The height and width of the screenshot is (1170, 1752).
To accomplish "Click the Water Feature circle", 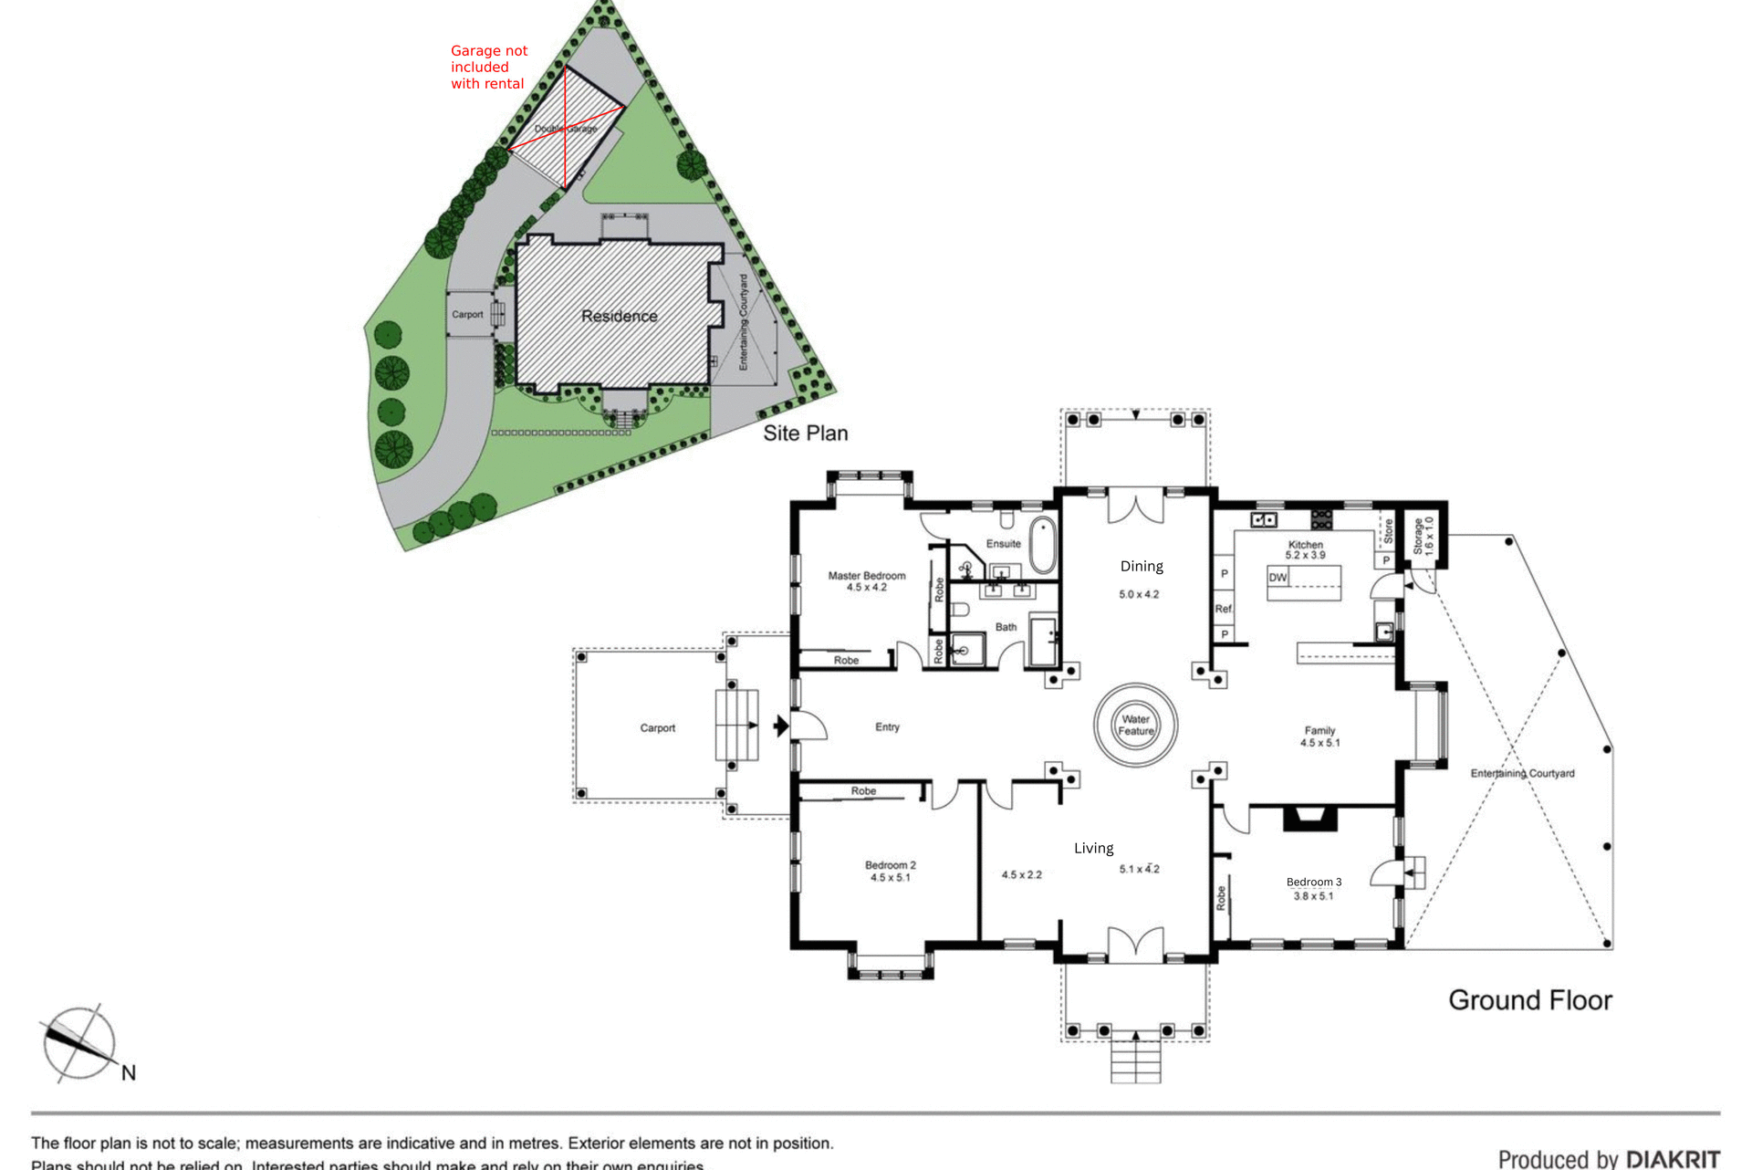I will (x=1135, y=725).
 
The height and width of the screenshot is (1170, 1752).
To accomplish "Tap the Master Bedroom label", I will (x=866, y=576).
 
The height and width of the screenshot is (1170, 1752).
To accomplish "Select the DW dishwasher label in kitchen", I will (x=1277, y=578).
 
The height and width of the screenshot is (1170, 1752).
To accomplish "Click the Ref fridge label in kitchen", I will (x=1223, y=609).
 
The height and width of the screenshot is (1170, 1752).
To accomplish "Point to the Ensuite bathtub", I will (x=1042, y=545).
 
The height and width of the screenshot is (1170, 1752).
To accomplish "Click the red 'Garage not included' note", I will (x=488, y=68).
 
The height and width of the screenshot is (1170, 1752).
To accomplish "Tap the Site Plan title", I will (x=805, y=434).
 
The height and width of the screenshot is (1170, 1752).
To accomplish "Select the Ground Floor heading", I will (x=1529, y=1000).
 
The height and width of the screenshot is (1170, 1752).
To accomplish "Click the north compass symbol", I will (x=80, y=1044).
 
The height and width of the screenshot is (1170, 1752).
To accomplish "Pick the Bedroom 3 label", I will (x=1313, y=882).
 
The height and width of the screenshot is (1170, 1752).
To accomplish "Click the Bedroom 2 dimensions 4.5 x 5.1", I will (x=890, y=878).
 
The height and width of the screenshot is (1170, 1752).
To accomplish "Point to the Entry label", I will (x=887, y=727).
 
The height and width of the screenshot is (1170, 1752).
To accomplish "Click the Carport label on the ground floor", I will (x=657, y=728).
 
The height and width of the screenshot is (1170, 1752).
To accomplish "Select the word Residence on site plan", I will (x=619, y=317).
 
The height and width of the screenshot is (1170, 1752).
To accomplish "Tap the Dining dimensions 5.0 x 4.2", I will (x=1139, y=594).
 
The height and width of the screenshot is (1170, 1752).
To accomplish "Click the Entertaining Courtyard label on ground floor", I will (x=1522, y=773).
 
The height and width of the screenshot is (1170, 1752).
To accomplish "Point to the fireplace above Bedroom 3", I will (x=1310, y=818).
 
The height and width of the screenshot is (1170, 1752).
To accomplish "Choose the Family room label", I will (x=1319, y=730).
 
